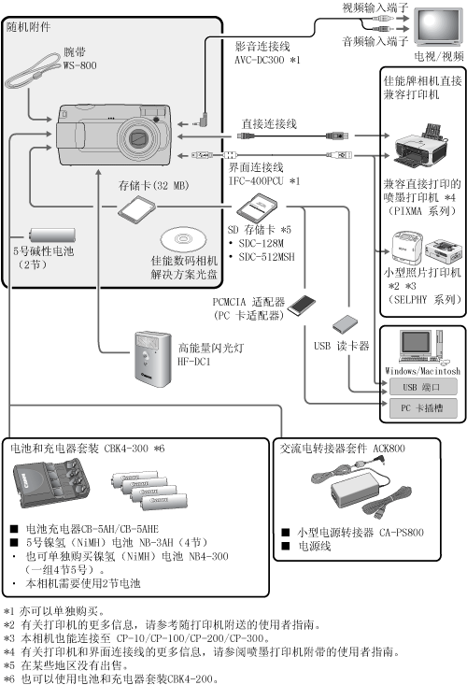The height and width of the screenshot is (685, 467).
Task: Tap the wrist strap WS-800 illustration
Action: pos(33,71)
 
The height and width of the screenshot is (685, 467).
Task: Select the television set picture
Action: pos(438,26)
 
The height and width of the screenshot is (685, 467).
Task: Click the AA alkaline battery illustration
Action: pos(52,235)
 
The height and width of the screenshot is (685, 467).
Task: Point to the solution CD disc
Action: pos(183,239)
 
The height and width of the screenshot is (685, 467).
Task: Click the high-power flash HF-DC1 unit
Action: pos(152,359)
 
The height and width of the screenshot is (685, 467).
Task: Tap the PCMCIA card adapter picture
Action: pos(301,303)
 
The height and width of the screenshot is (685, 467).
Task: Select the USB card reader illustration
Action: pos(345,323)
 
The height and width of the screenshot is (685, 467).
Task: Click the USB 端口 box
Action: pos(422,387)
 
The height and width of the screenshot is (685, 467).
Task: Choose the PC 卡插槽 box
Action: pos(422,408)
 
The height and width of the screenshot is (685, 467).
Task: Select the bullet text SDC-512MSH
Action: pos(267,257)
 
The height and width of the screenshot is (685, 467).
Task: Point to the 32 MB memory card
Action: pos(136,208)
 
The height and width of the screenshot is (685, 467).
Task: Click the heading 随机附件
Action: pos(29,27)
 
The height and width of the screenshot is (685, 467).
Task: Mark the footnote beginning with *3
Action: pos(136,638)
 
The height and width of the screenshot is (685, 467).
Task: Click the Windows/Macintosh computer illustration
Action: pos(422,348)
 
